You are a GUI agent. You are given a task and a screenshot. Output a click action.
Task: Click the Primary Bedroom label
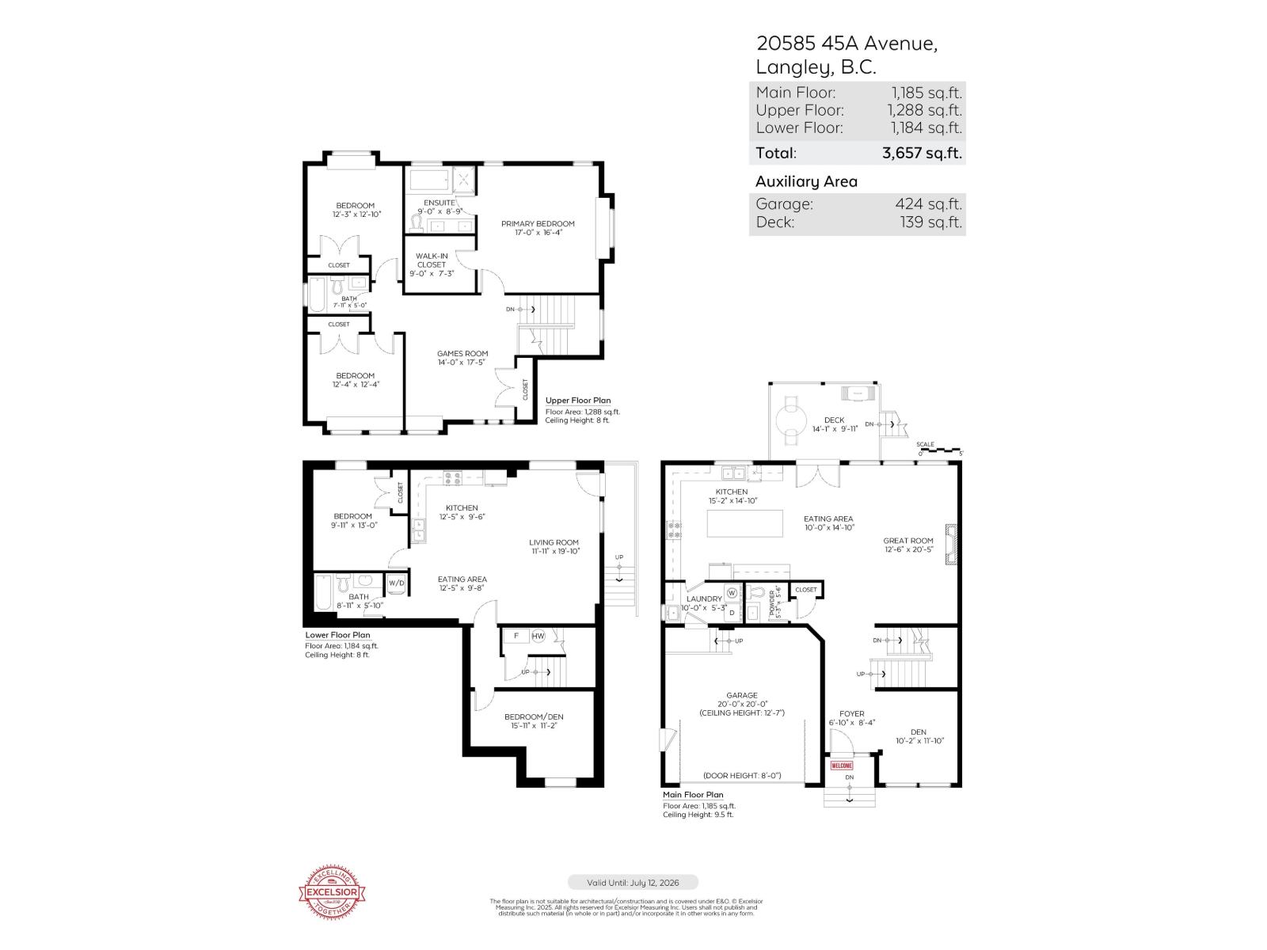[x=538, y=224]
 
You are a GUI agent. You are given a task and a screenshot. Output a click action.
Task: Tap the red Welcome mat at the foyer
[x=841, y=766]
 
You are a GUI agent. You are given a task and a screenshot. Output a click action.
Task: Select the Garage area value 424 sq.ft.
[x=928, y=204]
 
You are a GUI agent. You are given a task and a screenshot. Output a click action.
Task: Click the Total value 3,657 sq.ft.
[x=922, y=153]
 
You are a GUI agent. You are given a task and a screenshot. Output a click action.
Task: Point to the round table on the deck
[x=789, y=416]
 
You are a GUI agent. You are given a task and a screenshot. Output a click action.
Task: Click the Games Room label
[x=462, y=354]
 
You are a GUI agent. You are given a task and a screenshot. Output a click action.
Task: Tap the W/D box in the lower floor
[x=396, y=583]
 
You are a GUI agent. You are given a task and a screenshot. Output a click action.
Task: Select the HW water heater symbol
[x=538, y=636]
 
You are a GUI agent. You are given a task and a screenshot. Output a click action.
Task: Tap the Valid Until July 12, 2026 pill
[x=633, y=882]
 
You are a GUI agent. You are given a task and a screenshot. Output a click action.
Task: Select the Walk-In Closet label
[x=432, y=260]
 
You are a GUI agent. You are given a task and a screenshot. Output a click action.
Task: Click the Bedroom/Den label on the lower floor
[x=534, y=717]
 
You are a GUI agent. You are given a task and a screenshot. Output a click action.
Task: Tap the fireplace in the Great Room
[x=951, y=544]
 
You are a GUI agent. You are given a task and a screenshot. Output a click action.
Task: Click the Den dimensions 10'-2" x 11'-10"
[x=919, y=742]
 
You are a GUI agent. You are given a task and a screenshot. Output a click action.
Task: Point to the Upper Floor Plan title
[x=578, y=401]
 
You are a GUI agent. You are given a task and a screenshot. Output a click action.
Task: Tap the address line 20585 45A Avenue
[x=847, y=44]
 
